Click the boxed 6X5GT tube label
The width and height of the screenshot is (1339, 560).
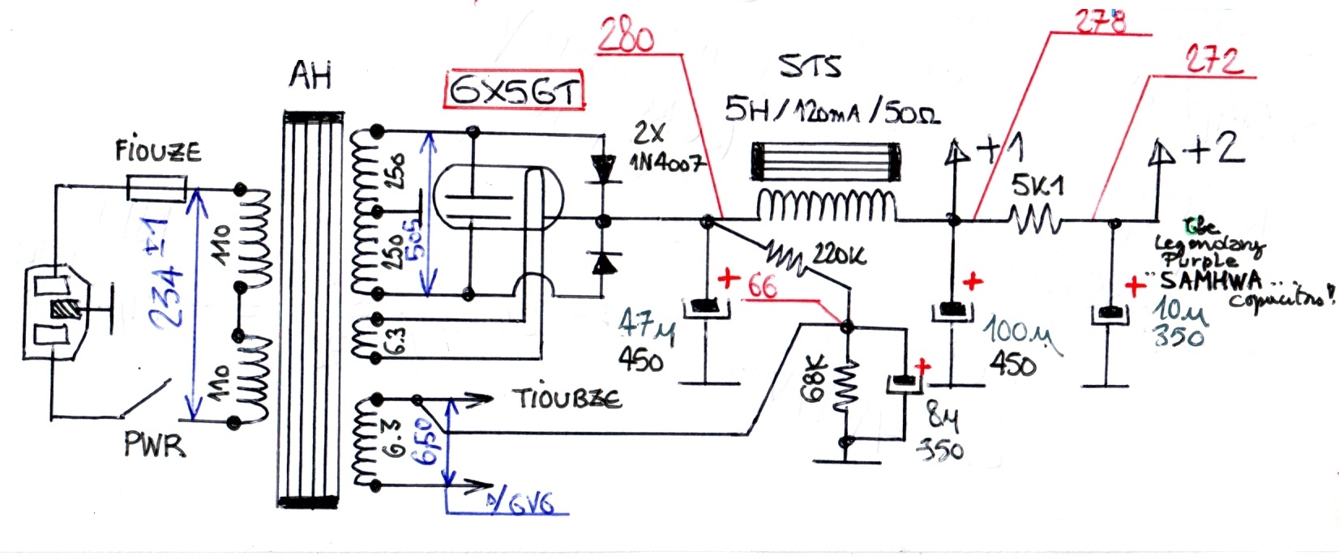514,90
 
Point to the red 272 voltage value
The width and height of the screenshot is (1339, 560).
1213,61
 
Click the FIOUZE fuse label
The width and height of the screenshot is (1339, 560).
158,152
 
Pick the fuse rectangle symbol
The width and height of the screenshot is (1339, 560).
158,190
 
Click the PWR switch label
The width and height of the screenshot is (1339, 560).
154,445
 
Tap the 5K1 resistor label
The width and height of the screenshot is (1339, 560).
1037,186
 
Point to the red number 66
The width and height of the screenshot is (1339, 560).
762,285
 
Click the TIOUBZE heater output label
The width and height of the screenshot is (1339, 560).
567,398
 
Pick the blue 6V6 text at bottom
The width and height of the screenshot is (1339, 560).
531,505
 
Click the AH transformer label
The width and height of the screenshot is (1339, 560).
310,76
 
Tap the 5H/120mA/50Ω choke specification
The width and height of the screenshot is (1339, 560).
832,110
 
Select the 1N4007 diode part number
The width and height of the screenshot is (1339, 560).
666,163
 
